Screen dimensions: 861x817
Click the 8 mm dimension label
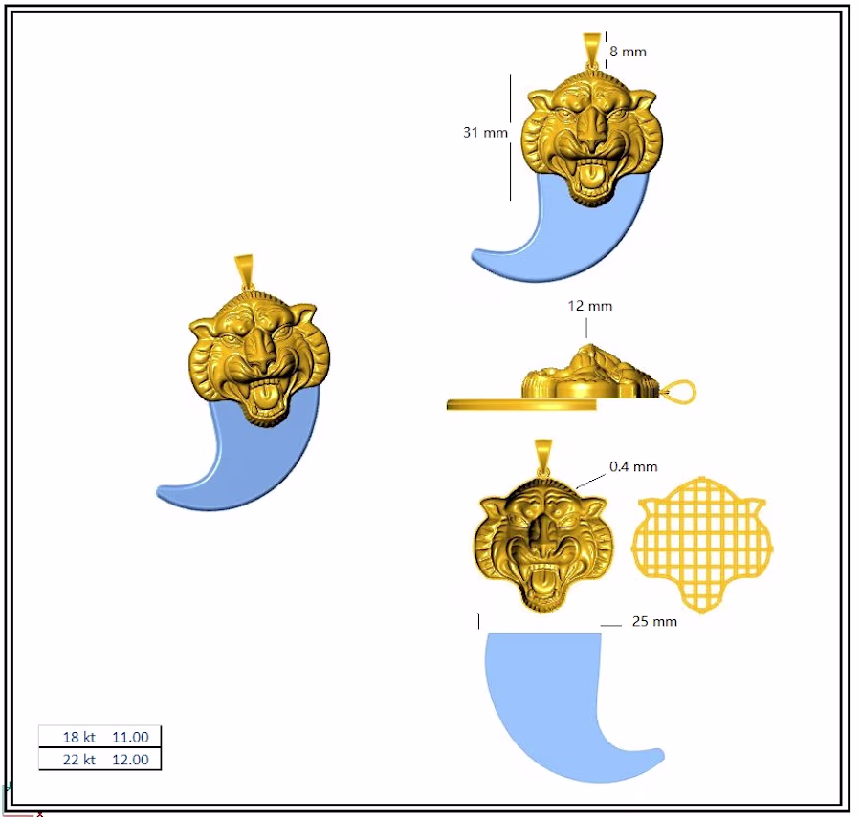click(628, 52)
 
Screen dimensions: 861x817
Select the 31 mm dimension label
click(485, 132)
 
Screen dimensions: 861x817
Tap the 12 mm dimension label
click(589, 306)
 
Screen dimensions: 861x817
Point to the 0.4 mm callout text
click(633, 466)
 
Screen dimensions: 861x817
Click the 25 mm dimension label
click(654, 621)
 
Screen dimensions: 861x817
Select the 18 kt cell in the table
click(79, 737)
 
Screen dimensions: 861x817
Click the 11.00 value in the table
click(130, 737)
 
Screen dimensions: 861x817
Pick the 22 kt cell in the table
click(79, 760)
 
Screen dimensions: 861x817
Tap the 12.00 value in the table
click(130, 760)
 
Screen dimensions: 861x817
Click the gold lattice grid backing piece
click(701, 545)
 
